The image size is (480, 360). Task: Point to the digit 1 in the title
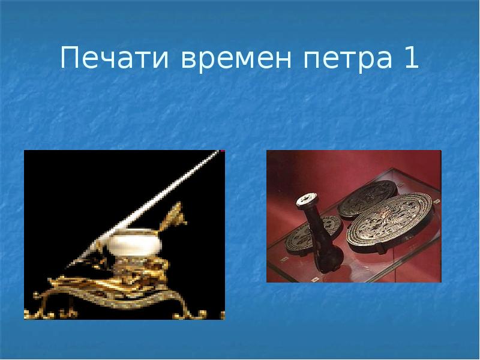click(410, 61)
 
